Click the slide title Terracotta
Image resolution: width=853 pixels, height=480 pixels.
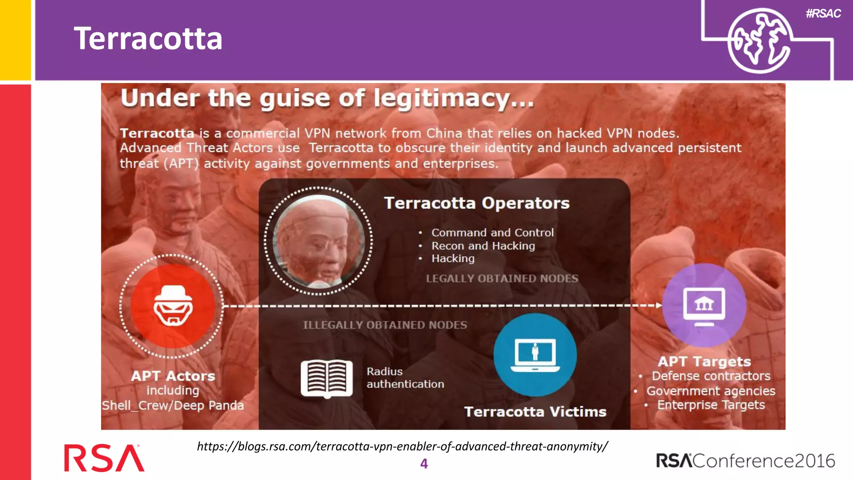[x=148, y=39]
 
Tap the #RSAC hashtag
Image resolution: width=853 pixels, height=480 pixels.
[x=823, y=13]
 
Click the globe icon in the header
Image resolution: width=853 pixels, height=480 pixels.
[x=759, y=41]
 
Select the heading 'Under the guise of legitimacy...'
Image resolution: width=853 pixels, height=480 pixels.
[x=327, y=98]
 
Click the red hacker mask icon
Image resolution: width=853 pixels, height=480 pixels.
[x=173, y=306]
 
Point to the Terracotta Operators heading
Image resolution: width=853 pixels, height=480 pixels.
[x=476, y=203]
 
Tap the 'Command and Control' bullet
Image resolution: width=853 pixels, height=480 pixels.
[x=492, y=232]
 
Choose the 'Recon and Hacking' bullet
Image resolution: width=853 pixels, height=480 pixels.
[x=483, y=246]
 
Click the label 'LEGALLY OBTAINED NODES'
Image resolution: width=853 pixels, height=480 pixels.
[x=502, y=278]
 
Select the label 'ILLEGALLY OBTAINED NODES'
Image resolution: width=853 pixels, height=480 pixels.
[x=385, y=325]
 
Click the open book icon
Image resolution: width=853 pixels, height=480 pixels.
[x=327, y=378]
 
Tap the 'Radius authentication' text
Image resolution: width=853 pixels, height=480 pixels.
[x=405, y=377]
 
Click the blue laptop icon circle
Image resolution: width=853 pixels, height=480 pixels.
[x=535, y=355]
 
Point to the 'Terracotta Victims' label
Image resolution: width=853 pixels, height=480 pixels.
[x=535, y=412]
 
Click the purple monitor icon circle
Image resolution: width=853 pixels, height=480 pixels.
[x=704, y=305]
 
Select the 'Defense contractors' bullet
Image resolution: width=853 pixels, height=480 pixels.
[x=711, y=376]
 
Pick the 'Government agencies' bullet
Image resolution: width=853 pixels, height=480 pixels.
[x=711, y=391]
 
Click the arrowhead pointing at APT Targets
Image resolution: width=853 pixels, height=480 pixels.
[x=658, y=305]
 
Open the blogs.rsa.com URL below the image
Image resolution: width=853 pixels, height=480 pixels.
[x=402, y=446]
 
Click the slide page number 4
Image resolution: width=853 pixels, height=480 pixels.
[x=424, y=463]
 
